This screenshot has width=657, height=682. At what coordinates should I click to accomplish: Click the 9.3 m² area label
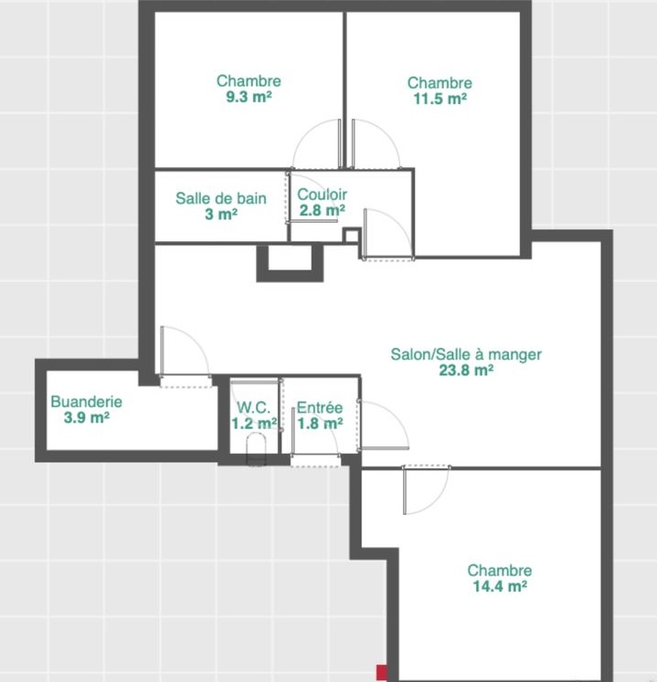tap(249, 97)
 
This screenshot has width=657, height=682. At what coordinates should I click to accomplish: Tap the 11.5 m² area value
tap(440, 99)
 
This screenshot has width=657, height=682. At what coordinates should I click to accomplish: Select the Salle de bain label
tap(221, 198)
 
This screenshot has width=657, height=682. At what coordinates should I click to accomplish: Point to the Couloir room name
tap(322, 194)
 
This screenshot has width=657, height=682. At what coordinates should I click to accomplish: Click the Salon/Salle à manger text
tap(466, 354)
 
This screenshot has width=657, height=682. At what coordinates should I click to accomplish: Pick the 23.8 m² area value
tap(466, 370)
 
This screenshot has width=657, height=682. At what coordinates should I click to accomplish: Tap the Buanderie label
tap(86, 402)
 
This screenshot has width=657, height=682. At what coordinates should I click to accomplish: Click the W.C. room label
tap(253, 407)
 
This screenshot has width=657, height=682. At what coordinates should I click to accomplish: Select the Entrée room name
tap(320, 407)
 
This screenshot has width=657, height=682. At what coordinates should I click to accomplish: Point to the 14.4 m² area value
tap(500, 586)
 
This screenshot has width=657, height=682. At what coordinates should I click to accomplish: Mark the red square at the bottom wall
tap(382, 672)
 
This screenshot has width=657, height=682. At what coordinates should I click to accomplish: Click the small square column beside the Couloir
tap(351, 236)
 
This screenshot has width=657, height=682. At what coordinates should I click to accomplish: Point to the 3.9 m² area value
tap(86, 417)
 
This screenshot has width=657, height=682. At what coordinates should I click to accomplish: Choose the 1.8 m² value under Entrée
tap(320, 423)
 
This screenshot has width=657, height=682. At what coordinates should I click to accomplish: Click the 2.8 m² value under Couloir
tap(323, 211)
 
